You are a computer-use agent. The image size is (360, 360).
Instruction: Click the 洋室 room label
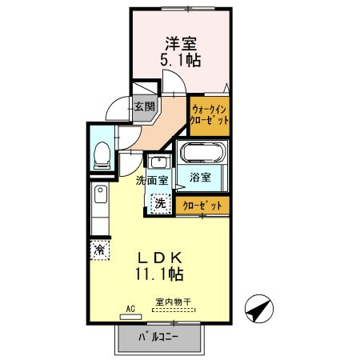(x=182, y=42)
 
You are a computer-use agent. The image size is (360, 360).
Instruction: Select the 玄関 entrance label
(x=144, y=106)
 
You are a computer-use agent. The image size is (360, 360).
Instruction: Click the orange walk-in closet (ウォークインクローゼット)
(x=210, y=114)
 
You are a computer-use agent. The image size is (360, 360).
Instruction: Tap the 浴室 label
(x=201, y=178)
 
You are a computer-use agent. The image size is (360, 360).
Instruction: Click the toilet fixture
(x=102, y=154)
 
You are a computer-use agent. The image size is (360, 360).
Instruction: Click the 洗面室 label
(x=151, y=180)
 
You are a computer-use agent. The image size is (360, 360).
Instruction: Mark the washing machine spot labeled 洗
(x=161, y=203)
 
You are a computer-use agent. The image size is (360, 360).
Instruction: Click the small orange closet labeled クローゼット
(x=202, y=206)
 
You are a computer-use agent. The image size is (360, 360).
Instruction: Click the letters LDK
(x=164, y=258)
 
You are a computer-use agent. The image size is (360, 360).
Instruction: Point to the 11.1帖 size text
(x=164, y=274)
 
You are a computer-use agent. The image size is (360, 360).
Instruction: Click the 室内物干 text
(x=174, y=302)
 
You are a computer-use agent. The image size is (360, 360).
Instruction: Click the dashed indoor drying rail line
(x=174, y=310)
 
